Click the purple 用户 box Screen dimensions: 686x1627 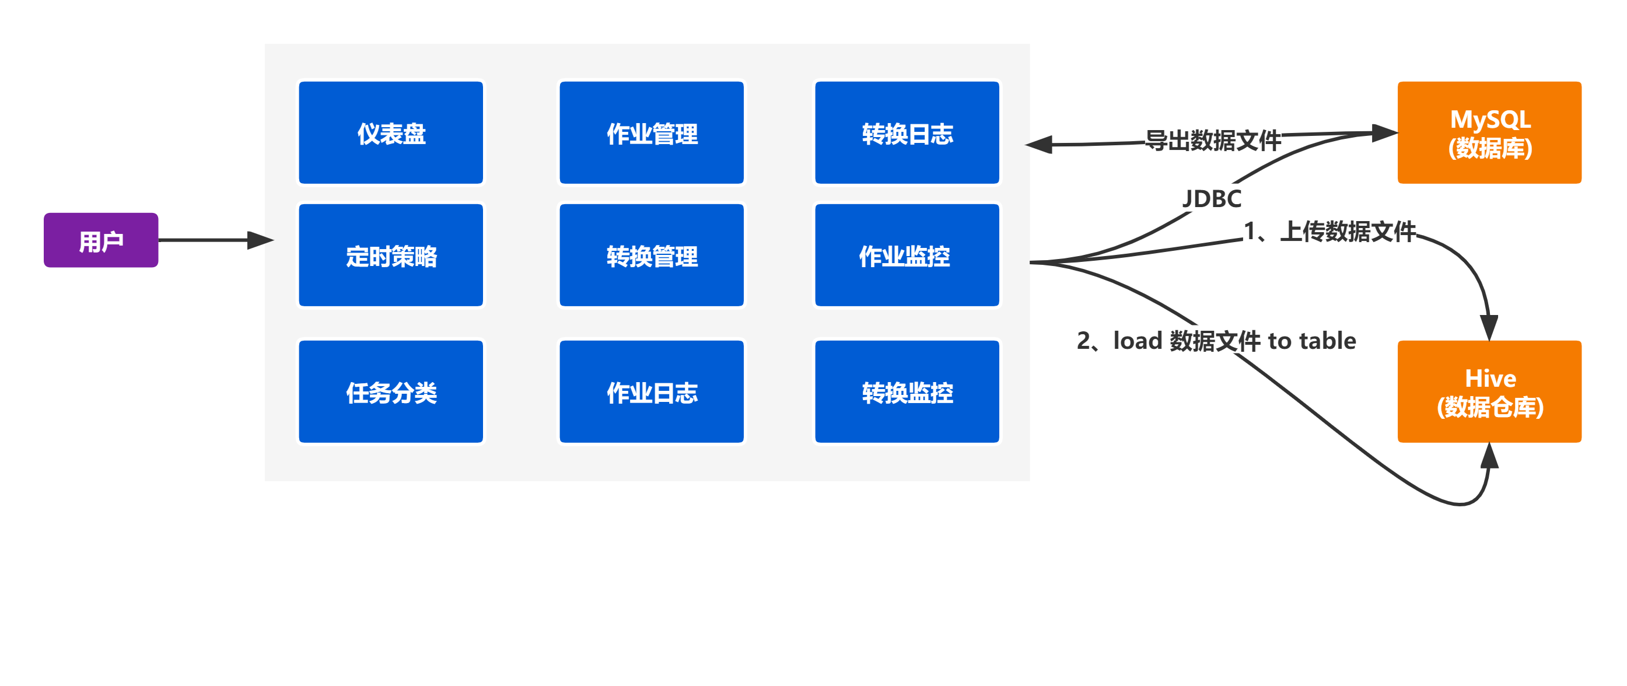(x=101, y=240)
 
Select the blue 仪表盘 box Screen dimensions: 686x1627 (x=391, y=132)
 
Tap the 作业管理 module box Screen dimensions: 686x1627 (x=652, y=132)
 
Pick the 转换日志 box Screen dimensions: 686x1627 (x=907, y=132)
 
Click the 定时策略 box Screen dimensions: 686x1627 (x=391, y=255)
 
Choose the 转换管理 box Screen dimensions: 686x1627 (x=652, y=255)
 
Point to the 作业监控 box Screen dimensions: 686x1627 (x=907, y=255)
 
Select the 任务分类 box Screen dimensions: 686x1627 (x=391, y=391)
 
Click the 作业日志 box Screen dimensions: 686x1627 (x=652, y=391)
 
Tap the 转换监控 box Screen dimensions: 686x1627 (x=907, y=391)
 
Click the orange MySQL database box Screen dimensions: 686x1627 (x=1489, y=132)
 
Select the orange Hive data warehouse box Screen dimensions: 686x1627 (x=1489, y=391)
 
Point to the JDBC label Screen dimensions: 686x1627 (x=1212, y=198)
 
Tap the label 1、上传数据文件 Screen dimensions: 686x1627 (x=1329, y=231)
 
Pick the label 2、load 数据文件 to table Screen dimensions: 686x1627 (x=1216, y=341)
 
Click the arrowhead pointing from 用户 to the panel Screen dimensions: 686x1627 (x=260, y=240)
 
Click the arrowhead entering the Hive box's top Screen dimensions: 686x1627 (x=1489, y=327)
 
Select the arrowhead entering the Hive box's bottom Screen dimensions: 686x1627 (x=1489, y=456)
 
